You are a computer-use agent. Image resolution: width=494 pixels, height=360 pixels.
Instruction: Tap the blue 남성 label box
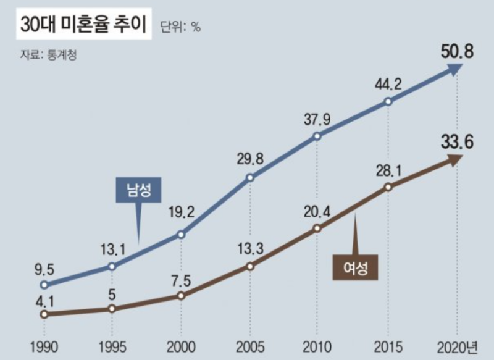(138, 190)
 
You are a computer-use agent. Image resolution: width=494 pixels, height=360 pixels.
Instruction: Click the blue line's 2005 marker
(250, 178)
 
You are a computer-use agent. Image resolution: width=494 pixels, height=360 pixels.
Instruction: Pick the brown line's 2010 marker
(317, 228)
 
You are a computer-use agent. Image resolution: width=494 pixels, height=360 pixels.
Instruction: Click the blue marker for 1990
(43, 285)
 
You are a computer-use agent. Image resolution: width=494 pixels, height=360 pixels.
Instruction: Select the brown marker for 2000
(181, 296)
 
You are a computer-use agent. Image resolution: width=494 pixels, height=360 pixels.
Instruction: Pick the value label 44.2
(388, 84)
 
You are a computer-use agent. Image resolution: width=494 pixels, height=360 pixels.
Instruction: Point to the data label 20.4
(317, 212)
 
